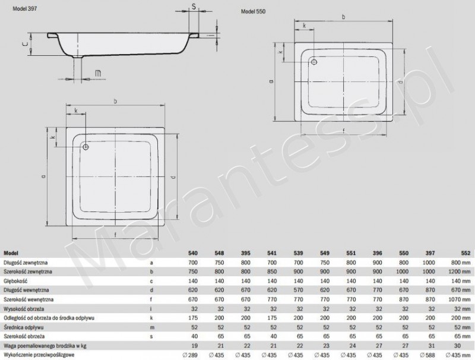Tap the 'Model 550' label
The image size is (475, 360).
pyautogui.click(x=254, y=12)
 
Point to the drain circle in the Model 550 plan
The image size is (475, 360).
pyautogui.click(x=314, y=61)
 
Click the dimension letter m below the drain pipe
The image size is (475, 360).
pyautogui.click(x=98, y=73)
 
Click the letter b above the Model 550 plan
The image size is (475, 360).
pyautogui.click(x=343, y=17)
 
